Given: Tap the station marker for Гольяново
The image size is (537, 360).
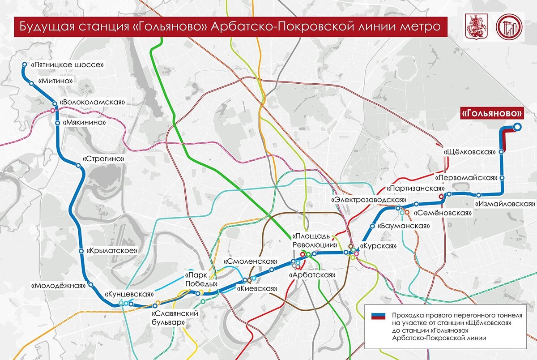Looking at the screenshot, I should [517, 127].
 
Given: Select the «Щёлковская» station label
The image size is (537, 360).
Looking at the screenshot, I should [469, 152].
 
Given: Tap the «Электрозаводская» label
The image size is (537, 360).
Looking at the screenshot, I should [369, 199].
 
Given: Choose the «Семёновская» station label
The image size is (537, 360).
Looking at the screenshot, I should [443, 213].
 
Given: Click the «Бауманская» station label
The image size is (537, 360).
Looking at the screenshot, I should [404, 226].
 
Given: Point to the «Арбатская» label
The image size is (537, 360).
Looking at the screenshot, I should [312, 274].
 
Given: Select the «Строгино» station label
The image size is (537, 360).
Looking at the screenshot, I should [103, 159].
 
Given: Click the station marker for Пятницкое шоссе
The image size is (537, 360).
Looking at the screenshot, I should [25, 65].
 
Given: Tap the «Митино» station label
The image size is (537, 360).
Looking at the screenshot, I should [56, 81].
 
